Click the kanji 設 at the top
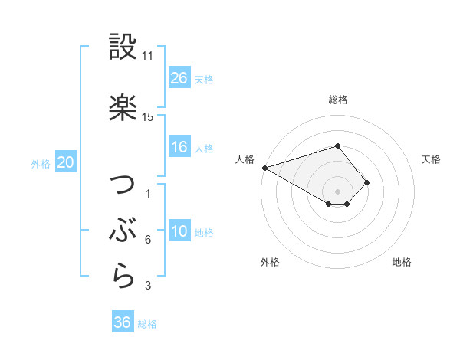point(123,47)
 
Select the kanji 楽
point(123,108)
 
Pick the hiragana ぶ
point(123,231)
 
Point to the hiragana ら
point(123,277)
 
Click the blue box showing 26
point(179,77)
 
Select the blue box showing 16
point(179,147)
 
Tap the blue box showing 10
point(179,231)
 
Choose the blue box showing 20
point(66,162)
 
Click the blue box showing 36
point(123,322)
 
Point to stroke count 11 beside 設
point(148,56)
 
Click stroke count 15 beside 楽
point(148,117)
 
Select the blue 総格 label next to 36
point(147,323)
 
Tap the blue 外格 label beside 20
point(41,163)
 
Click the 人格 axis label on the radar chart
point(245,159)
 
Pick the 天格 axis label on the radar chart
point(432,159)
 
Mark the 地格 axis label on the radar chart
point(402,262)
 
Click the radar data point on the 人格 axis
point(264,168)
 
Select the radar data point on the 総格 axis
point(337,146)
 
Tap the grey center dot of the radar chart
point(337,191)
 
